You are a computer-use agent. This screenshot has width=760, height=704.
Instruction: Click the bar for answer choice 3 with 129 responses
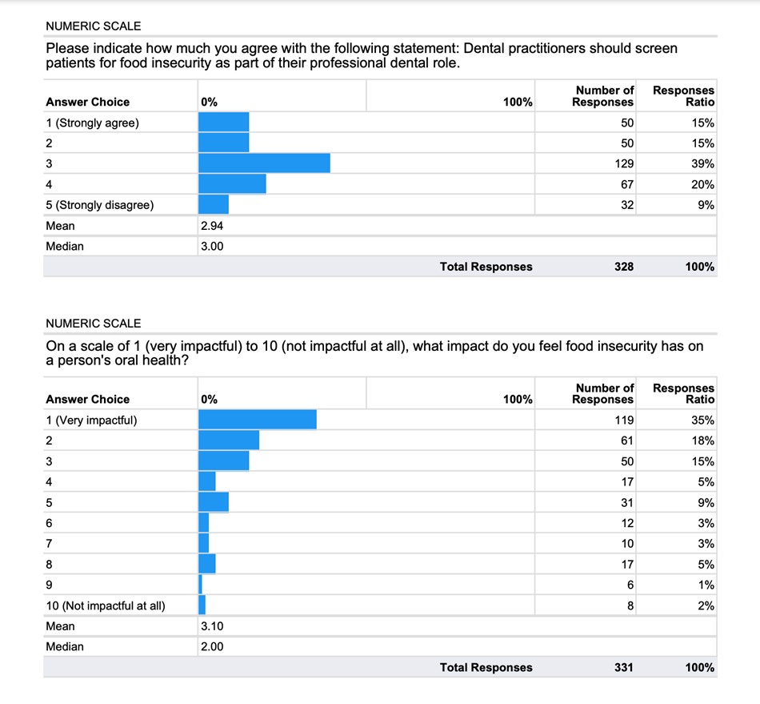[x=264, y=163]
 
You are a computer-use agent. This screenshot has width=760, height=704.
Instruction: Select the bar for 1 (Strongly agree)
[x=223, y=123]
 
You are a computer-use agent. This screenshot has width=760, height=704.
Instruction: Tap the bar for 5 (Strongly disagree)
[x=214, y=205]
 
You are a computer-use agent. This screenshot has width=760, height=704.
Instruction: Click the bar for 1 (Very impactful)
[x=257, y=420]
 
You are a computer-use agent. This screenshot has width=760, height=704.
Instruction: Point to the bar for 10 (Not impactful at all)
[x=202, y=605]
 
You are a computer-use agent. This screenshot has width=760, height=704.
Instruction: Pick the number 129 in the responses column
[x=624, y=163]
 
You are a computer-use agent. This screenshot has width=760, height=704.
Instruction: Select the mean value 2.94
[x=211, y=226]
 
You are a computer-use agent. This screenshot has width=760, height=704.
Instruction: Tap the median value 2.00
[x=211, y=646]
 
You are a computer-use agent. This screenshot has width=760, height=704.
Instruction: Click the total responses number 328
[x=624, y=267]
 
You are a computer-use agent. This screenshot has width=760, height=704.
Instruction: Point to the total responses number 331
[x=623, y=667]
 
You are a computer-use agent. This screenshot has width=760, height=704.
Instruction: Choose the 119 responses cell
[x=624, y=420]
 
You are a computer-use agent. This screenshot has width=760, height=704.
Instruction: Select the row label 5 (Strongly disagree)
[x=100, y=205]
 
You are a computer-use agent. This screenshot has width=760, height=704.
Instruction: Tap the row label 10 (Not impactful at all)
[x=106, y=605]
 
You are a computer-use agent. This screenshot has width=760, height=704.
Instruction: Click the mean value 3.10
[x=211, y=626]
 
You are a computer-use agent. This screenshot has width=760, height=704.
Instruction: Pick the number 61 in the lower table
[x=627, y=441]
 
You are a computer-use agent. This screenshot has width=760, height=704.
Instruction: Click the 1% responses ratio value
[x=707, y=585]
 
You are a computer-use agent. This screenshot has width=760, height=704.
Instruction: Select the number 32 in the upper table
[x=627, y=205]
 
